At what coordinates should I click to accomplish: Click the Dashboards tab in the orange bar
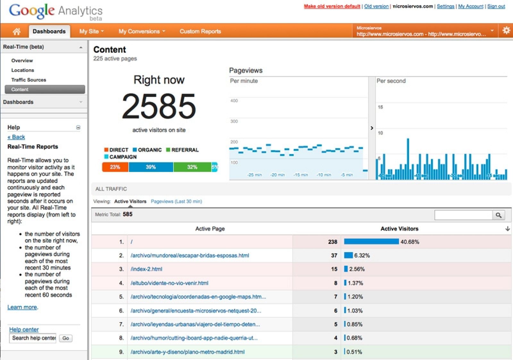click(x=49, y=31)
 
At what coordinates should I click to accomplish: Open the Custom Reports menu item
click(x=200, y=31)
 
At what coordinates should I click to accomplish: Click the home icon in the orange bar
click(x=16, y=31)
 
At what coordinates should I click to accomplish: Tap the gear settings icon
click(x=506, y=30)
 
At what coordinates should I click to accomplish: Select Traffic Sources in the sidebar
click(x=29, y=80)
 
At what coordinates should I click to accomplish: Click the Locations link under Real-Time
click(x=22, y=70)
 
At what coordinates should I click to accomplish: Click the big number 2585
click(x=159, y=106)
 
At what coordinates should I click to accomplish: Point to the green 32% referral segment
click(x=192, y=167)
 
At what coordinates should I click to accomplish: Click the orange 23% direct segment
click(x=115, y=167)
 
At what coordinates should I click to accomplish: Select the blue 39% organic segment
click(x=151, y=167)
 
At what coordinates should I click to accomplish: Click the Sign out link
click(x=496, y=6)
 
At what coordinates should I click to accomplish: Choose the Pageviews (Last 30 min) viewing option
click(x=176, y=201)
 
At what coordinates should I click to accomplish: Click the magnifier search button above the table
click(x=498, y=215)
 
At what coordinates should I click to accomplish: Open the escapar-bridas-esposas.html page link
click(x=190, y=255)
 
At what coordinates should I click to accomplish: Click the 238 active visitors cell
click(x=332, y=242)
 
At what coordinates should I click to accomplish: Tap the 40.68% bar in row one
click(x=371, y=242)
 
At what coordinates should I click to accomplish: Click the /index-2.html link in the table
click(x=147, y=269)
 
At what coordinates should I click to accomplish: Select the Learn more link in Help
click(x=22, y=307)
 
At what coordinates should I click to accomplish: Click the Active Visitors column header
click(x=399, y=229)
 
